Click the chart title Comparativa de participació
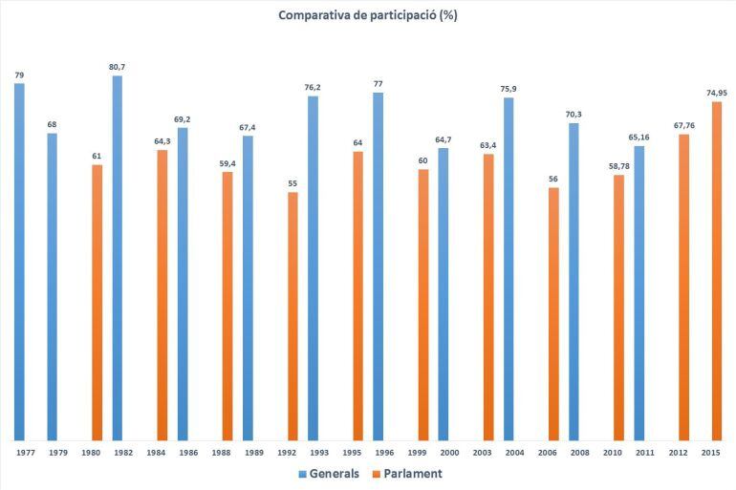[x=368, y=15]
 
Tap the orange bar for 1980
[x=97, y=301]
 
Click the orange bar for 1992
[x=292, y=315]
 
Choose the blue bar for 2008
[x=574, y=281]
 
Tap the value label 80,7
[x=118, y=67]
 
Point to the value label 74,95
[x=717, y=92]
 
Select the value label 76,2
[x=313, y=87]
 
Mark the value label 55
[x=292, y=182]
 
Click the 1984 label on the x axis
[x=157, y=454]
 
